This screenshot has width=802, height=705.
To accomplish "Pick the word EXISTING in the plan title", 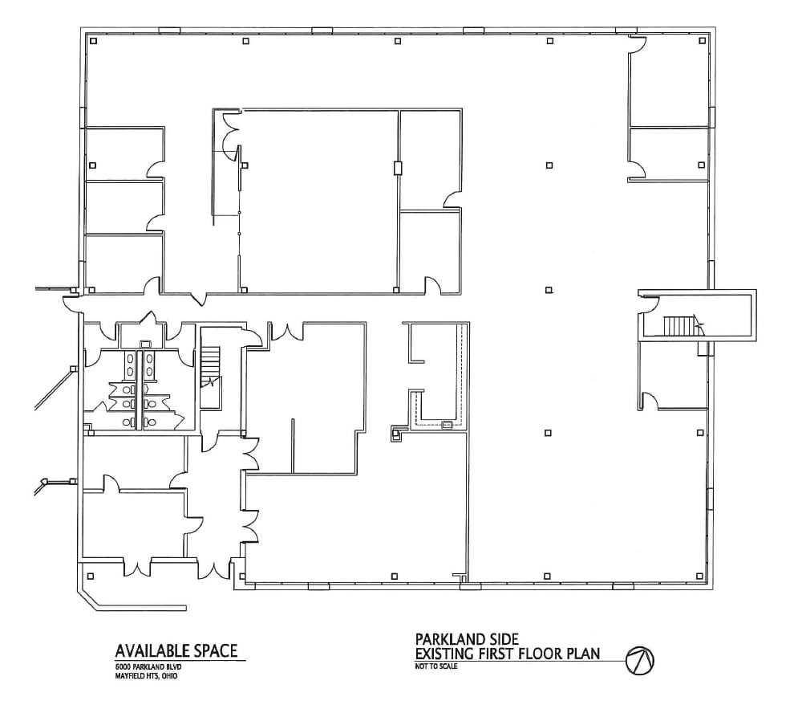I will [446, 653].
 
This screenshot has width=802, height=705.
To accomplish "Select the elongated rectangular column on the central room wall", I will [396, 168].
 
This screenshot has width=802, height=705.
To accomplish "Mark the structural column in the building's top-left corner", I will [93, 41].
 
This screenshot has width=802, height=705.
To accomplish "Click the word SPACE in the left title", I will [211, 650].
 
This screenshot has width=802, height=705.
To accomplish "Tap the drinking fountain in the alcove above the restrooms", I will [145, 344].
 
